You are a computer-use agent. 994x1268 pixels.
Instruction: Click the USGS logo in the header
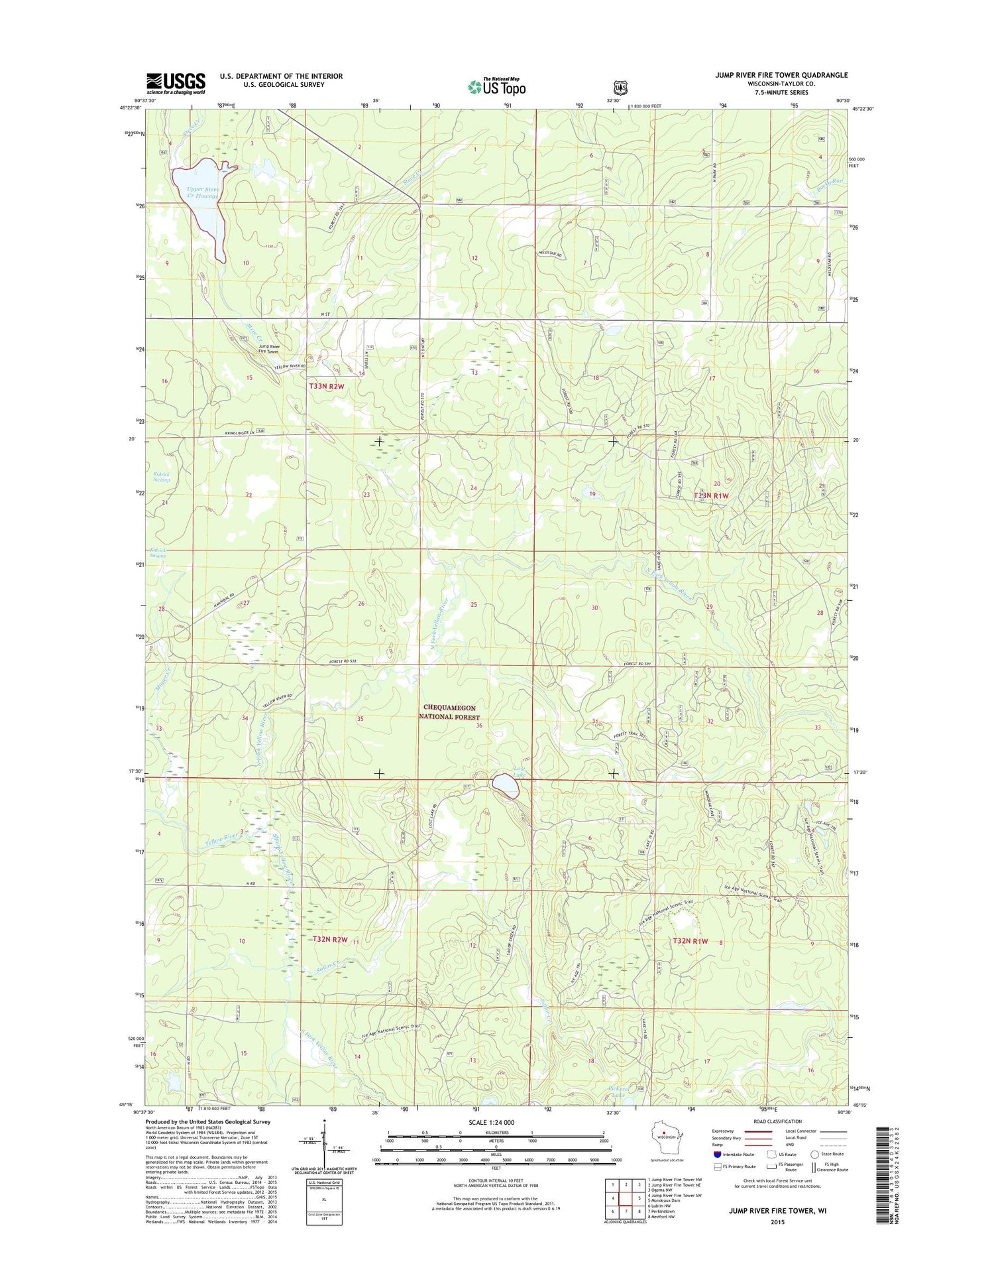coord(176,83)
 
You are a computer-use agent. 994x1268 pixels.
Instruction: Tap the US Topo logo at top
coord(496,86)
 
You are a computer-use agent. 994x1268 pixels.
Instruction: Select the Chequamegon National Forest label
coord(451,712)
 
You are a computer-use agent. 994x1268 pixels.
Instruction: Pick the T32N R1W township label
coord(690,941)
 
